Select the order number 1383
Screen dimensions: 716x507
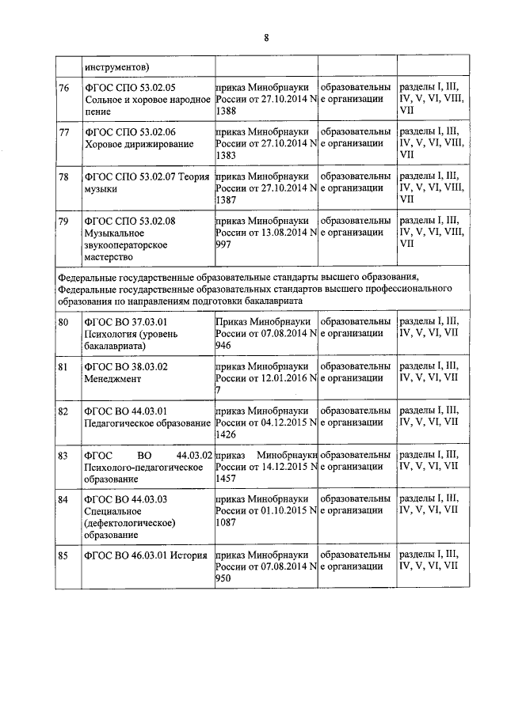pos(226,157)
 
